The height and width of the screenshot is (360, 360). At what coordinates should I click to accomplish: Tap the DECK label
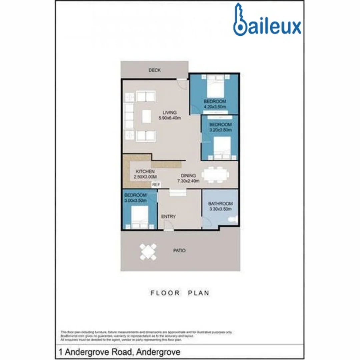click(x=155, y=70)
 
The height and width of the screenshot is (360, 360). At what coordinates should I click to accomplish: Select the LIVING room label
click(x=169, y=112)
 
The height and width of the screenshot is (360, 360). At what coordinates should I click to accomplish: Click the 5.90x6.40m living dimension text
click(x=169, y=118)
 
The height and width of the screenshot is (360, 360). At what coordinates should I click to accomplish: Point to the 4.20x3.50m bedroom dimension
click(x=215, y=107)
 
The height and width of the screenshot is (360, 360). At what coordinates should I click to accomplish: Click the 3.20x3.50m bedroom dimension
click(x=220, y=130)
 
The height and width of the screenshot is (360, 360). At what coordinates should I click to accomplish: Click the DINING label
click(x=188, y=176)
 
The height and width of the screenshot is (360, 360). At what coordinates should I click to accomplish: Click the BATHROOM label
click(x=220, y=203)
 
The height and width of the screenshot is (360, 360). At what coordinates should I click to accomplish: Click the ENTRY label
click(x=168, y=217)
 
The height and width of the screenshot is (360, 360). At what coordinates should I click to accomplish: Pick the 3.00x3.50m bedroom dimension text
click(x=135, y=201)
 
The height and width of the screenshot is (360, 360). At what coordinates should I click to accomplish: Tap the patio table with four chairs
click(x=148, y=252)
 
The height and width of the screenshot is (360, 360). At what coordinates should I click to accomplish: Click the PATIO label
click(x=180, y=250)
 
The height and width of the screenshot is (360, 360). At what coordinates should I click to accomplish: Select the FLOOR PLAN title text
click(x=180, y=293)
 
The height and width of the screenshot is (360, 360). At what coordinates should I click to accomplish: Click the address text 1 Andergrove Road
click(x=119, y=352)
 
